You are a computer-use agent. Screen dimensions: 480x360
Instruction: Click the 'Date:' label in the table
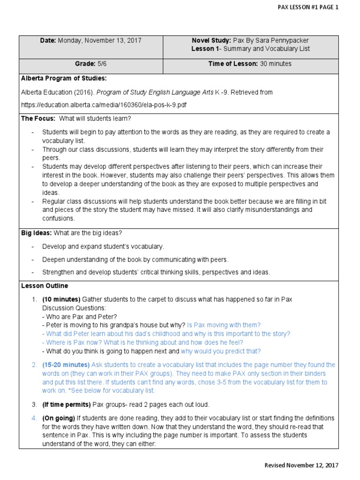pos(48,41)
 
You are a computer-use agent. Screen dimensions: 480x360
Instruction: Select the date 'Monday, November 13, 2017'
pos(99,41)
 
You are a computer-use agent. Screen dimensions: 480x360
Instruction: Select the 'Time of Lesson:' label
pos(233,64)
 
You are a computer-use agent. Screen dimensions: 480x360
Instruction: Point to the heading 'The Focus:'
pos(38,119)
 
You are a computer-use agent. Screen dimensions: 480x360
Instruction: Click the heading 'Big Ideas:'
pos(37,233)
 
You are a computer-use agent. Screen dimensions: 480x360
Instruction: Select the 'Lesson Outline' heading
pos(45,285)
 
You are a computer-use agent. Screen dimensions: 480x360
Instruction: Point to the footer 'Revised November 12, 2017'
pos(301,465)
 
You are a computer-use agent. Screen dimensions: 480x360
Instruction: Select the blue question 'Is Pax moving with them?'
pos(224,325)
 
